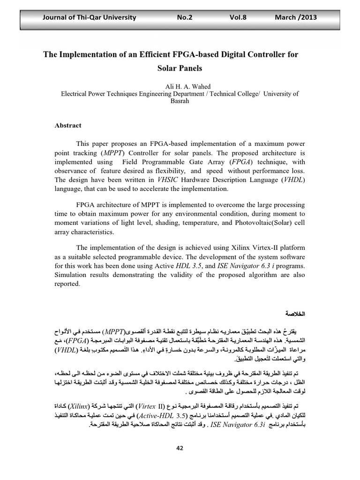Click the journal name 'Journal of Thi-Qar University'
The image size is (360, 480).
[x=89, y=17]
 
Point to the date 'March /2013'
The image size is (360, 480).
[x=296, y=17]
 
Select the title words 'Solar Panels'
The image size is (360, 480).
[x=180, y=68]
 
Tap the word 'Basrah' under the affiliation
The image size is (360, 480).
[x=180, y=101]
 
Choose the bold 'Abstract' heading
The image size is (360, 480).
[x=68, y=125]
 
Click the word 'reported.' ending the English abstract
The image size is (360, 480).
[x=67, y=283]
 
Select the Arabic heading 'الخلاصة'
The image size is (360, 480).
[x=295, y=313]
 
